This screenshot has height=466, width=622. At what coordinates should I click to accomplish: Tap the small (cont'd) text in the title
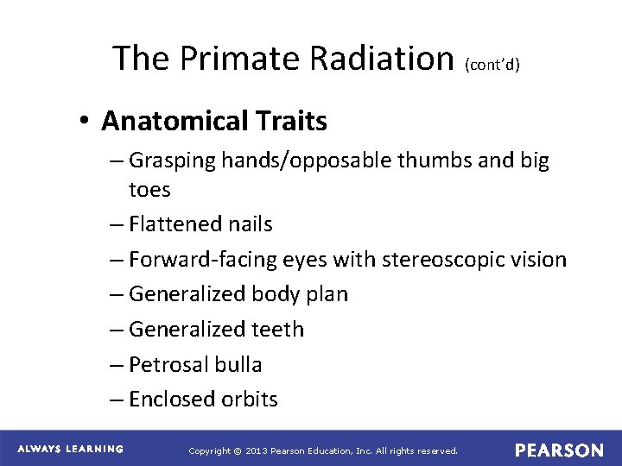tap(492, 64)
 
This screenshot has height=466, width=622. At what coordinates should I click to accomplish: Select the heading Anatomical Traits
tap(214, 122)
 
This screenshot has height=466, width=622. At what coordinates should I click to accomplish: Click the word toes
tap(149, 188)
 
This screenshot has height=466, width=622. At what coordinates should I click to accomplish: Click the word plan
tap(327, 294)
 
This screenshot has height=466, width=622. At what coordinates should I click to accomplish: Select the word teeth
tap(276, 329)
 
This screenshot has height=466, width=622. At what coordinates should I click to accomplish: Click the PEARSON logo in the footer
tap(559, 450)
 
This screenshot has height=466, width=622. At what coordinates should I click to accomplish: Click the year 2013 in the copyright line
tap(257, 450)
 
